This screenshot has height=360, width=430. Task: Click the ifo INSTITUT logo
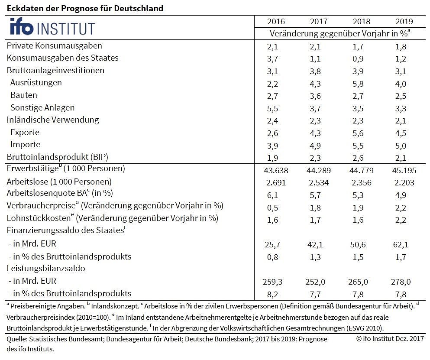click(52, 28)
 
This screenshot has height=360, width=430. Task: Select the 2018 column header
click(362, 22)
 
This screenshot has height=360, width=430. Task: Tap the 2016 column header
click(276, 22)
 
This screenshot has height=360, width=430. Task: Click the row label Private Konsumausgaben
click(55, 45)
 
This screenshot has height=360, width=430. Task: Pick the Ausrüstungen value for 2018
click(362, 83)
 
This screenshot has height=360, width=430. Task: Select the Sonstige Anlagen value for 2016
click(276, 108)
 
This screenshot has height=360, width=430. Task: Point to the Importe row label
click(25, 145)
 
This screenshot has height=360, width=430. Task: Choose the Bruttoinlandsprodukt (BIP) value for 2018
click(362, 157)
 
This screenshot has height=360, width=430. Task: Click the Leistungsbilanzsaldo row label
click(46, 269)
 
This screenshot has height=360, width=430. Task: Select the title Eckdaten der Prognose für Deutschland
click(85, 8)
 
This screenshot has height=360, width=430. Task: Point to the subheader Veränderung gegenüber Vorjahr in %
click(339, 33)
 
